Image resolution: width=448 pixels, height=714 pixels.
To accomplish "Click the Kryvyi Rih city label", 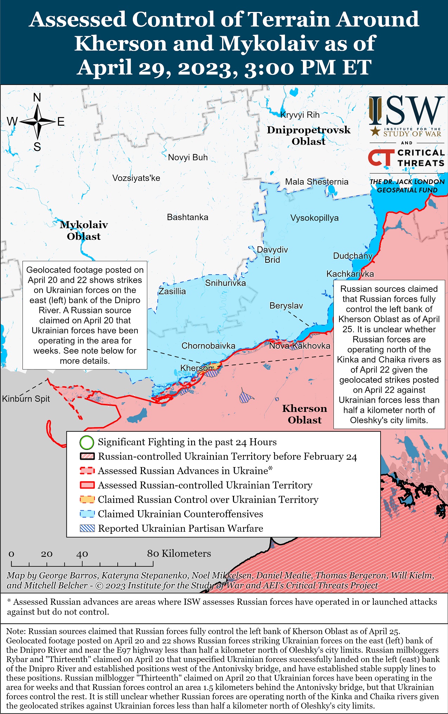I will (x=300, y=115).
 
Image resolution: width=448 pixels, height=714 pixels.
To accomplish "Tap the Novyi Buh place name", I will (x=188, y=157).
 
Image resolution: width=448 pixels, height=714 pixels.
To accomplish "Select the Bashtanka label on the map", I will (x=187, y=217).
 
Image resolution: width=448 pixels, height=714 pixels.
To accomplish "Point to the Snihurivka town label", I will (x=225, y=283).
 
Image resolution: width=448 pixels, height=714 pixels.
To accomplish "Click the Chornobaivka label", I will (x=208, y=346).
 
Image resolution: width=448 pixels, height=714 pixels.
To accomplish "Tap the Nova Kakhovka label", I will (x=299, y=346).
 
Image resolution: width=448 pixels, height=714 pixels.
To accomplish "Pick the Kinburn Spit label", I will (x=26, y=399).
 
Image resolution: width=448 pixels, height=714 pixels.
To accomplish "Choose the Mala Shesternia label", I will (x=317, y=182).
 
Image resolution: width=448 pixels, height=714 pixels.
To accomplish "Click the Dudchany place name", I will (x=352, y=256).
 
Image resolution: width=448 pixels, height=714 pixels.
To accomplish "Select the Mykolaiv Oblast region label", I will (x=84, y=230).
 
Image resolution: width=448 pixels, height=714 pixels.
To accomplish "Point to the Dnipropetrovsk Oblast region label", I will (x=309, y=136).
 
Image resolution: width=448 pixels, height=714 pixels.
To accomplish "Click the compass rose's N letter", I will (x=37, y=98).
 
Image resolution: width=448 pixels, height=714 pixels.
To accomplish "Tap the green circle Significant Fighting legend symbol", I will (x=87, y=443).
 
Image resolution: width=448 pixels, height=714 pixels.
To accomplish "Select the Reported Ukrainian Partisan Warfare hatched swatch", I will (x=87, y=529).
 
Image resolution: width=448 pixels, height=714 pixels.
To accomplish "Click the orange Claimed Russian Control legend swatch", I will (x=87, y=500).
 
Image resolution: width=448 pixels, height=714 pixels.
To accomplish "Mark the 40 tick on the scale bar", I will (x=82, y=554).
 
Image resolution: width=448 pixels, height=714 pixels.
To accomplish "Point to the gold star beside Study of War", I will (x=375, y=132).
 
